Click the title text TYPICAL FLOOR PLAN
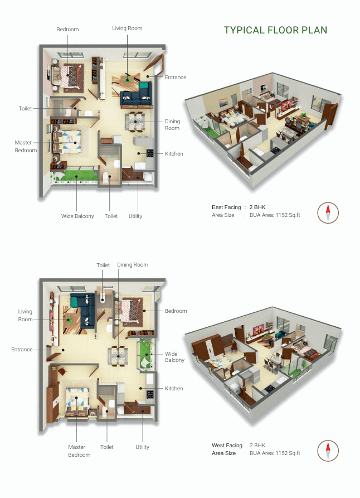click(x=275, y=30)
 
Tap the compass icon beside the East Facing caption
click(x=328, y=212)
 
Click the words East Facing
click(x=226, y=207)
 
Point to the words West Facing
click(x=227, y=446)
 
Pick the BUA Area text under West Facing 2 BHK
click(x=275, y=453)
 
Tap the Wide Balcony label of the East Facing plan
click(x=77, y=216)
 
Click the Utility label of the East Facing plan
click(x=135, y=216)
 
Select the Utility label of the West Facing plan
click(x=142, y=447)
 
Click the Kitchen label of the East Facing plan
click(x=174, y=153)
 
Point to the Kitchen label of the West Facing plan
click(x=174, y=388)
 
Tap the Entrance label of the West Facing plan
click(x=22, y=350)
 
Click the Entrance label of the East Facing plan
click(x=176, y=78)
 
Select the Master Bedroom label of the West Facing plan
click(x=79, y=451)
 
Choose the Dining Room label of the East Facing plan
click(x=172, y=125)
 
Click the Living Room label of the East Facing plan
click(x=127, y=28)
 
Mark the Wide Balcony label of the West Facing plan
click(x=174, y=357)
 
